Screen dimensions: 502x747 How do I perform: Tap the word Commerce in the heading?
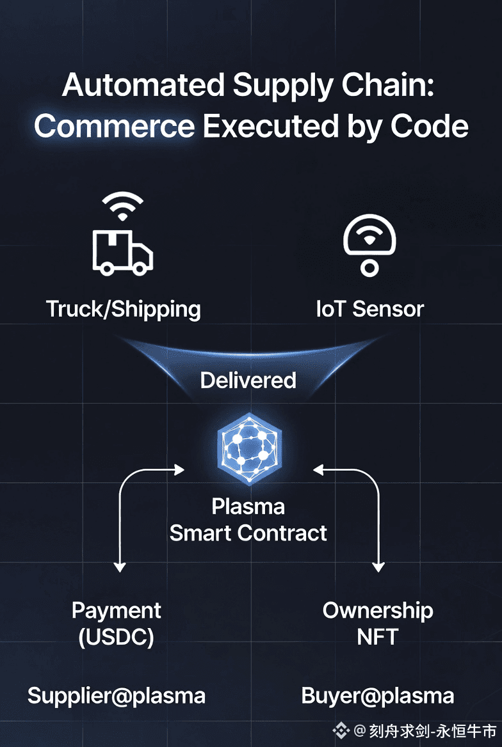pyautogui.click(x=114, y=126)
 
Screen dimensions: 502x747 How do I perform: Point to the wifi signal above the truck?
pyautogui.click(x=123, y=206)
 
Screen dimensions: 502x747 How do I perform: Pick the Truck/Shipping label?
pyautogui.click(x=124, y=309)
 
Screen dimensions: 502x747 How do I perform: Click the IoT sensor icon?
pyautogui.click(x=369, y=245)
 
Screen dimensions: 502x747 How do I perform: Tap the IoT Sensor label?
pyautogui.click(x=370, y=309)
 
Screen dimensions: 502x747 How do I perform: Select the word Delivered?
pyautogui.click(x=248, y=380)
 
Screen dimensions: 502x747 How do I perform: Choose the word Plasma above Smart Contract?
pyautogui.click(x=248, y=507)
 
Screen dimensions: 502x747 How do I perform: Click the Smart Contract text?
pyautogui.click(x=248, y=533)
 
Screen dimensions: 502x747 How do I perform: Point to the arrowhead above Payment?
pyautogui.click(x=119, y=566)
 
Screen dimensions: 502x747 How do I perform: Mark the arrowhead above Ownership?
pyautogui.click(x=378, y=566)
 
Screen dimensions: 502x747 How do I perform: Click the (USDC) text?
pyautogui.click(x=116, y=637)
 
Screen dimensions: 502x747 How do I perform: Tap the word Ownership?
pyautogui.click(x=378, y=610)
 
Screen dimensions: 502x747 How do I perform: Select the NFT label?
pyautogui.click(x=378, y=637)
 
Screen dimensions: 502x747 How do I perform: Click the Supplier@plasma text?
pyautogui.click(x=117, y=696)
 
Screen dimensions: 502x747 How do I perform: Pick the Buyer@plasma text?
pyautogui.click(x=378, y=696)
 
